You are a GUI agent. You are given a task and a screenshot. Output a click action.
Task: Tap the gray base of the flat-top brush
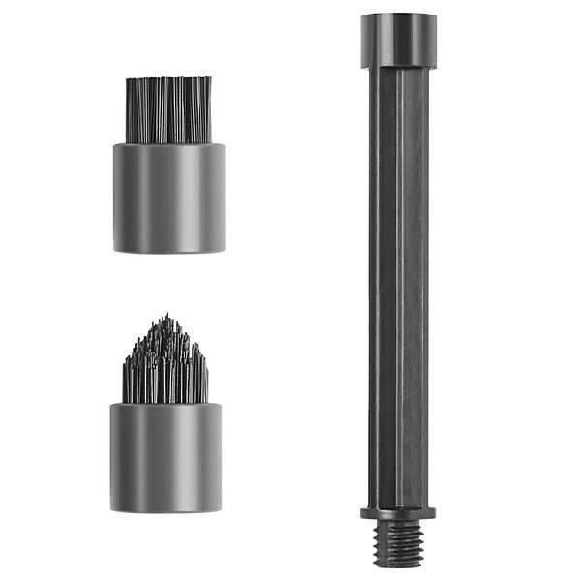pos(168,199)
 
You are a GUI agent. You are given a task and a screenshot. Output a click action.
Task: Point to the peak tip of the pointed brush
pos(166,316)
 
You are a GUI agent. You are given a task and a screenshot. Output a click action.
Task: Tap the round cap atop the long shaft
pos(398,41)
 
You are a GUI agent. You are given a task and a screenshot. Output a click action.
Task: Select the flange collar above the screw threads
pos(398,512)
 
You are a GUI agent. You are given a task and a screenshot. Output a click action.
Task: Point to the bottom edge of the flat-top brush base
pos(168,252)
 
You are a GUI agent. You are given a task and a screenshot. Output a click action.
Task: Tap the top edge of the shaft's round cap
pos(398,15)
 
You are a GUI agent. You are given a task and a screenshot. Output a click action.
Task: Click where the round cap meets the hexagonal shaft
pos(398,68)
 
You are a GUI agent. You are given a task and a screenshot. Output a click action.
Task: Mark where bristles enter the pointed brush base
pos(166,403)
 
